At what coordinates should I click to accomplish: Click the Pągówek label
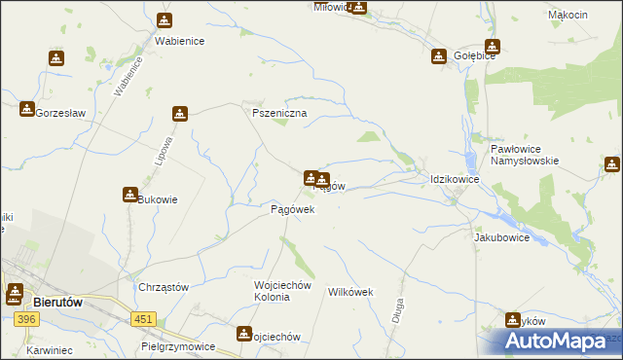(292, 209)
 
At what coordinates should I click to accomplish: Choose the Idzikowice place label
(455, 180)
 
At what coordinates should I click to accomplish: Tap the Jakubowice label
(501, 237)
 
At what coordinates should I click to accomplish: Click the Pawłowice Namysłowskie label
(524, 154)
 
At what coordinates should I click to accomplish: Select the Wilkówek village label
(351, 292)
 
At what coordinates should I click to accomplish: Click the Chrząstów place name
(163, 288)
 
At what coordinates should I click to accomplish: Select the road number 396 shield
(27, 319)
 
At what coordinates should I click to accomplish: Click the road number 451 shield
(144, 317)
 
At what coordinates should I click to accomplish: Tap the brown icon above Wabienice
(165, 20)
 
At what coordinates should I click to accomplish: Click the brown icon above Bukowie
(129, 194)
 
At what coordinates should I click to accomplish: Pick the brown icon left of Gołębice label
(440, 56)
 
